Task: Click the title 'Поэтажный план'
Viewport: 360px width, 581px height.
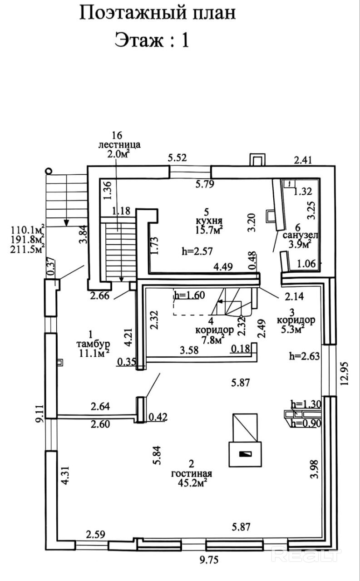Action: pyautogui.click(x=158, y=13)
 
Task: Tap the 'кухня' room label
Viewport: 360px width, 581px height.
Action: pyautogui.click(x=206, y=221)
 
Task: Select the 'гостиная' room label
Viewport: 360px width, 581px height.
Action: pyautogui.click(x=191, y=473)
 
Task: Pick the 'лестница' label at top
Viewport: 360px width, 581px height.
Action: pyautogui.click(x=119, y=145)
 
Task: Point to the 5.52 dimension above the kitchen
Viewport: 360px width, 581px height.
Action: pyautogui.click(x=178, y=158)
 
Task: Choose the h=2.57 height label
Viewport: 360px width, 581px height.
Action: pyautogui.click(x=196, y=250)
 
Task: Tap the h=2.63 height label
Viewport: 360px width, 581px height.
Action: pyautogui.click(x=305, y=356)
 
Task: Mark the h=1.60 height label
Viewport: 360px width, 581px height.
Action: pyautogui.click(x=190, y=295)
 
